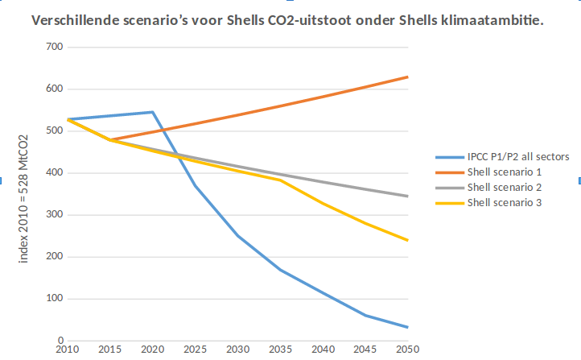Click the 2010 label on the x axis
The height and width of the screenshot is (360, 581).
pyautogui.click(x=67, y=350)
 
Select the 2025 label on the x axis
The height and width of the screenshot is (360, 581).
pyautogui.click(x=194, y=350)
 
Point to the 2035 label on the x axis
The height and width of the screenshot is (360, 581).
pyautogui.click(x=279, y=350)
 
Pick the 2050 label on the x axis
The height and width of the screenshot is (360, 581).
pyautogui.click(x=407, y=350)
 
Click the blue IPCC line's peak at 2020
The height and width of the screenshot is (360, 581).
pyautogui.click(x=152, y=112)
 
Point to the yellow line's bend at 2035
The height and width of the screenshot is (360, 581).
pyautogui.click(x=280, y=180)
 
